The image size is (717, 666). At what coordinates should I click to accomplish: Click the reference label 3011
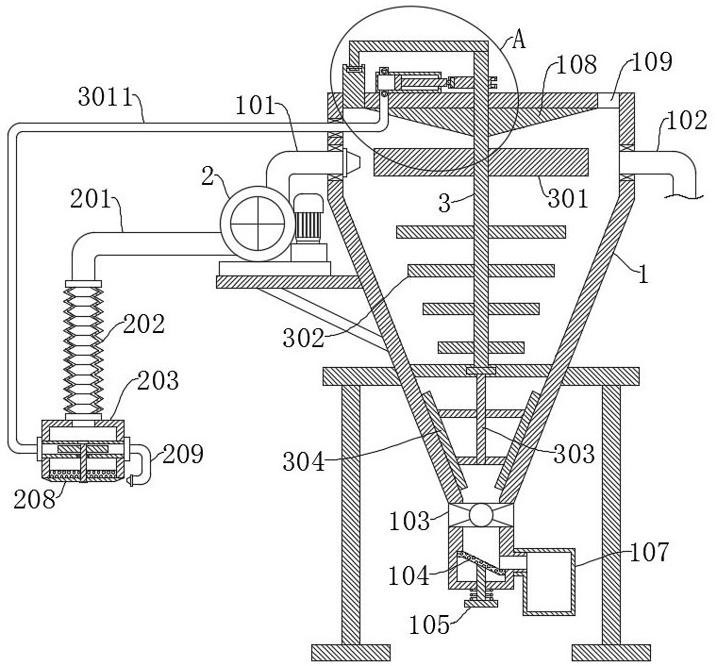[105, 96]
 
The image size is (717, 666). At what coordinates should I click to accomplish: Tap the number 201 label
[91, 200]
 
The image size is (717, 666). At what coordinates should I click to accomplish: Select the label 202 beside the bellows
[143, 325]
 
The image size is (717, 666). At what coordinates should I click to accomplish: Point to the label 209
[182, 454]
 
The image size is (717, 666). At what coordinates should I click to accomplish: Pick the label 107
[649, 552]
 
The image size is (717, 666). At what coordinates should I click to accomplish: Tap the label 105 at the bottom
[429, 624]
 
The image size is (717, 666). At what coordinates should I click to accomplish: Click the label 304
[304, 460]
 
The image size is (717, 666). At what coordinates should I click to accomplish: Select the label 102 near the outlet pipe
[687, 121]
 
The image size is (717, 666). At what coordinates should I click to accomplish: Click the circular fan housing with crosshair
[258, 224]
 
